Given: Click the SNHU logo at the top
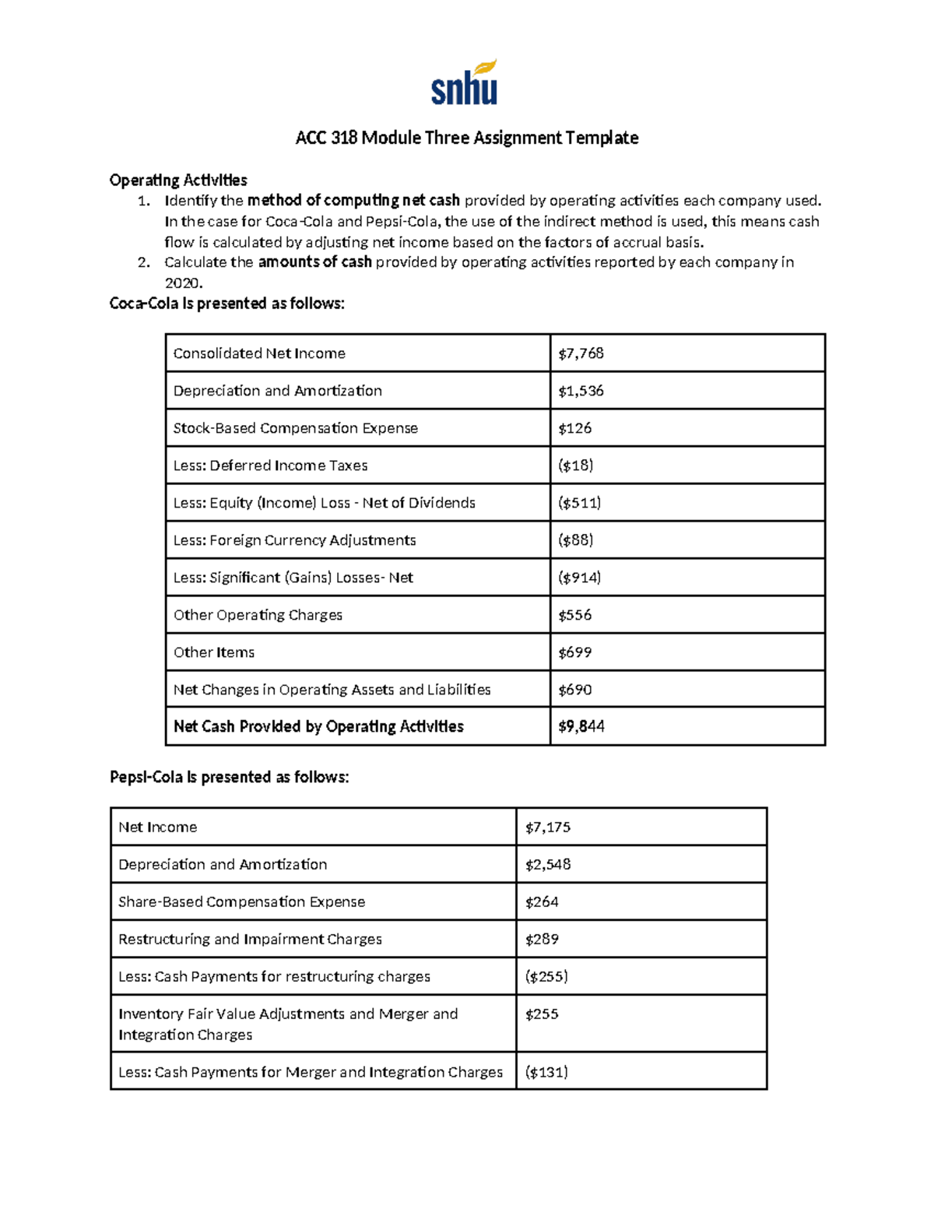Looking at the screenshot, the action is click(x=465, y=83).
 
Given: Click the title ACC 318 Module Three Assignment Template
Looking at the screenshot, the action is click(x=466, y=138).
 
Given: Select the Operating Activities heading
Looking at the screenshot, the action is click(x=178, y=181).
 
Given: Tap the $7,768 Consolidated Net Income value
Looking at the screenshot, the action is click(x=581, y=353).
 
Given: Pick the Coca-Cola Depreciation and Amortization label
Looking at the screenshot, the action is click(x=277, y=391).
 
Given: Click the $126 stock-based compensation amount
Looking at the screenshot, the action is click(x=574, y=428).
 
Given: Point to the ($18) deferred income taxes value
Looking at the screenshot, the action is click(x=575, y=466).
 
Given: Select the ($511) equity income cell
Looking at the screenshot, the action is click(x=579, y=503).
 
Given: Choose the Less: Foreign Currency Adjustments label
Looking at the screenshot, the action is click(x=294, y=540).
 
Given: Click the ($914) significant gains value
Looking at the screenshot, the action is click(x=579, y=578).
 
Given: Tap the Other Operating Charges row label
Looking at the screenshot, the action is click(x=258, y=615).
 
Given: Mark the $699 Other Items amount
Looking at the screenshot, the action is click(x=574, y=652).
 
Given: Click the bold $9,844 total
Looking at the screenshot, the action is click(x=581, y=726).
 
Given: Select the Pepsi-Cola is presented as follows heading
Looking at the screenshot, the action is click(x=229, y=777).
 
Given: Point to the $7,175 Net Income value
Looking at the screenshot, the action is click(x=547, y=828).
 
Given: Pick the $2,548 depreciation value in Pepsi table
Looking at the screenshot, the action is click(x=547, y=865).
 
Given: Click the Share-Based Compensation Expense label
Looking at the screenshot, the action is click(x=241, y=902).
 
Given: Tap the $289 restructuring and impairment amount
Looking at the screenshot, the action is click(x=542, y=940).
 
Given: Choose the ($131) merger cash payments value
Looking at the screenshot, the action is click(x=546, y=1073).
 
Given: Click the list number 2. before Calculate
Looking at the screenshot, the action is click(x=143, y=262).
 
